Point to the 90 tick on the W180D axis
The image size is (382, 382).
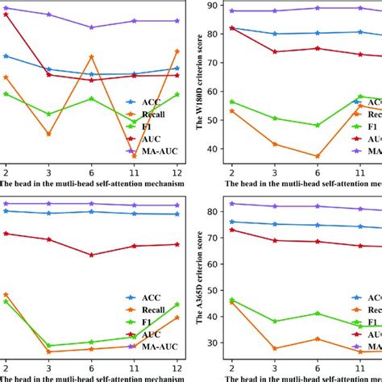215,6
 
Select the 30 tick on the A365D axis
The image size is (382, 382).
215,343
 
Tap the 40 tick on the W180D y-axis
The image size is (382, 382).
215,149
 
